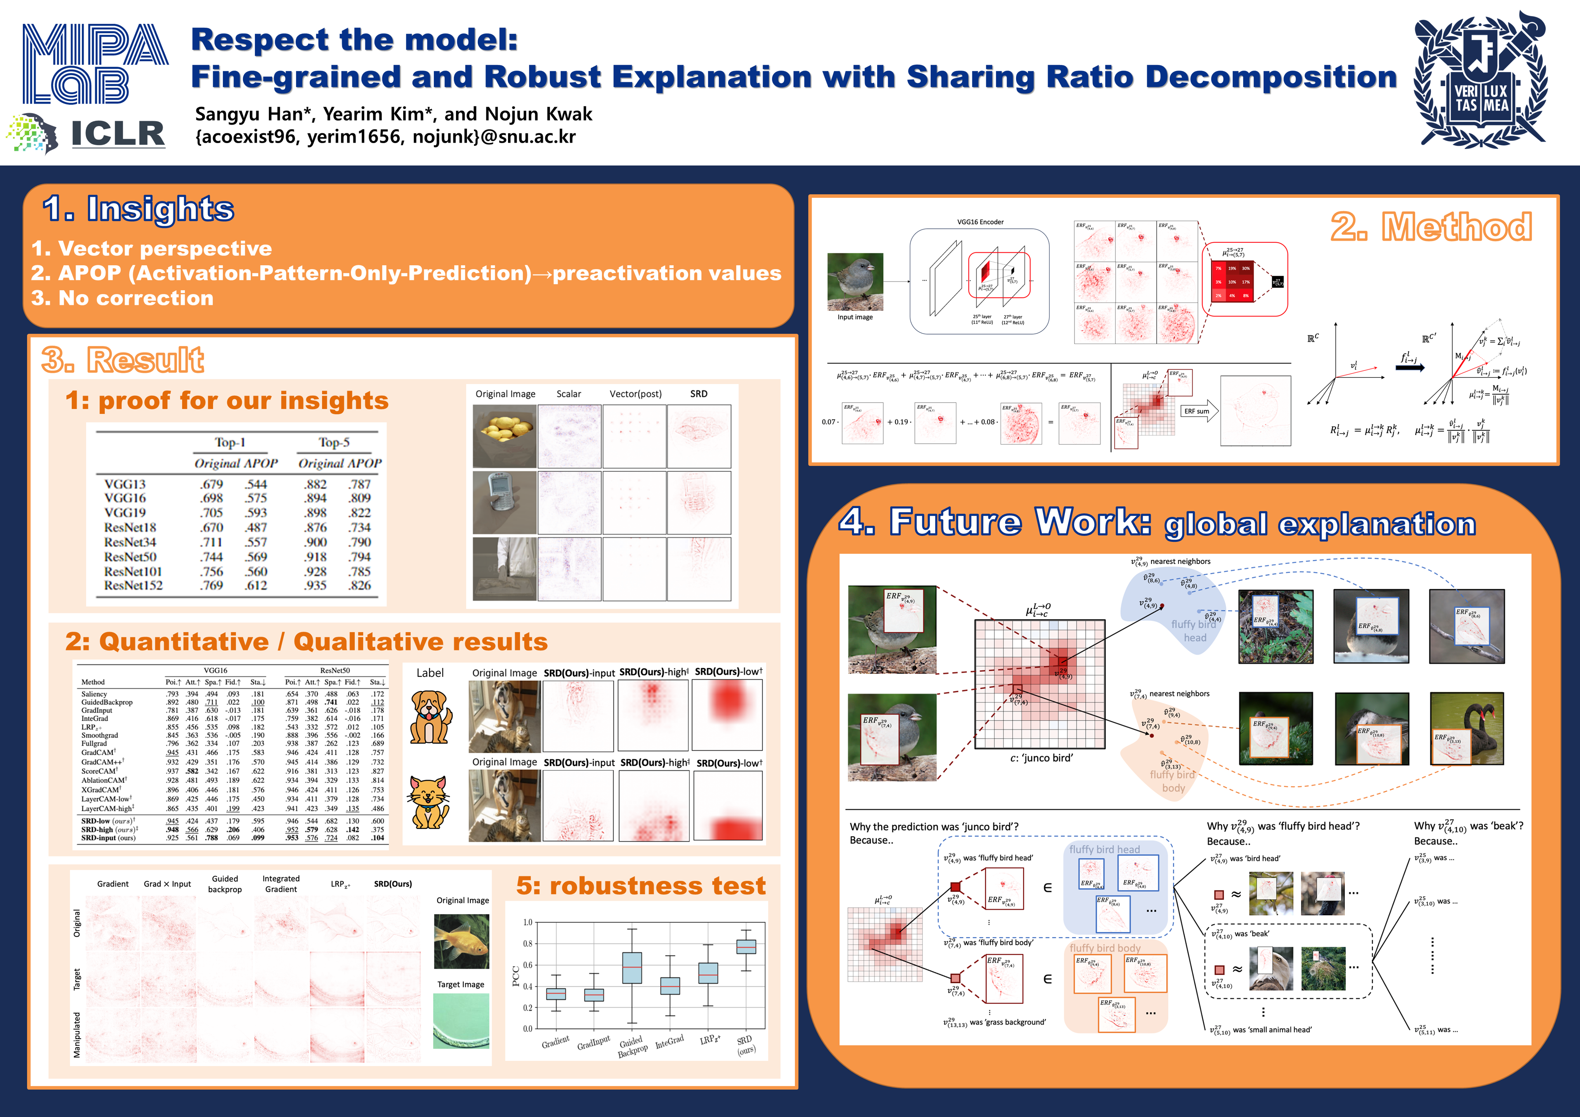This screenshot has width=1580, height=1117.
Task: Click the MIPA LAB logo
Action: pos(95,63)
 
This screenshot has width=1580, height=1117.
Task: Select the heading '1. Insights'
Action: pos(138,208)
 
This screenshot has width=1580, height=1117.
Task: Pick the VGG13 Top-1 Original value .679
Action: pos(211,484)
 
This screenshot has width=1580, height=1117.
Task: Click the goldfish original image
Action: pos(461,941)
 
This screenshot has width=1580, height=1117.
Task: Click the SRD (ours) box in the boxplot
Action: pos(746,946)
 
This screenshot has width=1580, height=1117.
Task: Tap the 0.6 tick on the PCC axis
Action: pos(527,965)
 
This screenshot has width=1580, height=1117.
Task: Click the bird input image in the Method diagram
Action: pos(855,282)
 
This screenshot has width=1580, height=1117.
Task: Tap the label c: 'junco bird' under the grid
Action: pos(1041,758)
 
